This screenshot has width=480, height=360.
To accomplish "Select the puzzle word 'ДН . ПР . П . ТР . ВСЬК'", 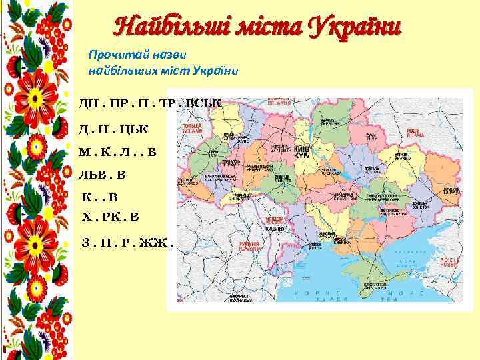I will pos(149,103).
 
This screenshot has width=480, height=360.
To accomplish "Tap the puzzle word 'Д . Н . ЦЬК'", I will pos(114,127).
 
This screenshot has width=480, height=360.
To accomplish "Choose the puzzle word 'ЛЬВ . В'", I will pos(102,175).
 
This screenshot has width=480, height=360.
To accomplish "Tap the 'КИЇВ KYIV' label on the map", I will pos(302,151).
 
